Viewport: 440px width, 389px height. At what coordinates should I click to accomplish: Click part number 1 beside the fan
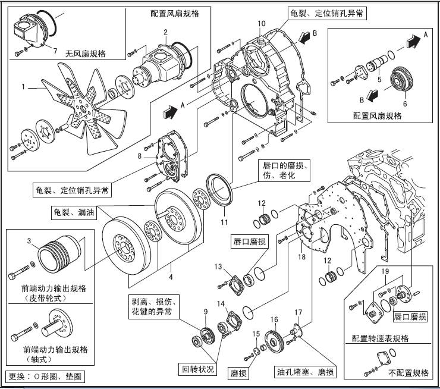23,87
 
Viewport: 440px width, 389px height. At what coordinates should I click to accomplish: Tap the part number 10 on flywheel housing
260,24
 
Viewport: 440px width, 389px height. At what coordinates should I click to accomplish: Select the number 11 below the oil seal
224,222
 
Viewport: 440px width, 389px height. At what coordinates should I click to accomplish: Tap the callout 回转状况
197,369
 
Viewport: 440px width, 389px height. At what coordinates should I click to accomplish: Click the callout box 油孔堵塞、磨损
304,372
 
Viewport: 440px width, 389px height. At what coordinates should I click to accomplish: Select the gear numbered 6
401,82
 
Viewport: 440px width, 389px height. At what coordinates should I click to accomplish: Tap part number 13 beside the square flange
218,265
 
